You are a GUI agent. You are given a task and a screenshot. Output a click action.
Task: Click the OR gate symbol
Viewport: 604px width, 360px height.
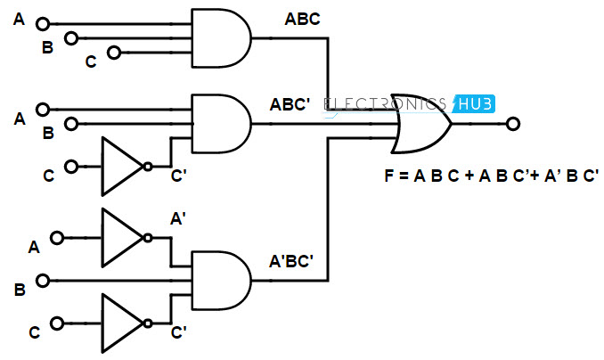421,123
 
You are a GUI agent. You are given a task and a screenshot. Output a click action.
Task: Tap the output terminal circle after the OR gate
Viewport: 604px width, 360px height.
513,124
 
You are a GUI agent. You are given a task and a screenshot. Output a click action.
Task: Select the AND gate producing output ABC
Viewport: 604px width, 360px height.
221,38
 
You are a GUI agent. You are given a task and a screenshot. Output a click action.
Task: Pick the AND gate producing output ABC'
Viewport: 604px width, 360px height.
221,123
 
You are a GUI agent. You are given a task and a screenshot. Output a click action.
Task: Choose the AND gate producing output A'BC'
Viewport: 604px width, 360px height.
221,280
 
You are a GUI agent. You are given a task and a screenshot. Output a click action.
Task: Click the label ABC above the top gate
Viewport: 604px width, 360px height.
302,20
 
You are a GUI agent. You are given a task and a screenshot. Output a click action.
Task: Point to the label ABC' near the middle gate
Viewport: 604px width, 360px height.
290,104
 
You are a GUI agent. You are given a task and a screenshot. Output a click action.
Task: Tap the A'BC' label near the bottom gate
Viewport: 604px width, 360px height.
291,261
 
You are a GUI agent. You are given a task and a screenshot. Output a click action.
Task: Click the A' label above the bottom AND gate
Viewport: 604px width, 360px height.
178,218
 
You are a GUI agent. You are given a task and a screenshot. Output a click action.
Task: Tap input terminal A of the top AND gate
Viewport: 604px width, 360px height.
43,24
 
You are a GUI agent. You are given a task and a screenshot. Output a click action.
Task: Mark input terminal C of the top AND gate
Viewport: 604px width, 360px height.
114,52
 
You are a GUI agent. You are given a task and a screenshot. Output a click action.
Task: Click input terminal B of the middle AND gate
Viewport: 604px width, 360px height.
71,124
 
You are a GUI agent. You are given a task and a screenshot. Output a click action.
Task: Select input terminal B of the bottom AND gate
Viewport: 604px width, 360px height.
43,281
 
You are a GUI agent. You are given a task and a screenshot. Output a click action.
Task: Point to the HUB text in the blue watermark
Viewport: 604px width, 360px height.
476,104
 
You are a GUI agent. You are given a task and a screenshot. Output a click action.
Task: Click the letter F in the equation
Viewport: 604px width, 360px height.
389,176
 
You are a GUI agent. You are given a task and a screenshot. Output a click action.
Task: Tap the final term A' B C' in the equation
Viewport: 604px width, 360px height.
572,176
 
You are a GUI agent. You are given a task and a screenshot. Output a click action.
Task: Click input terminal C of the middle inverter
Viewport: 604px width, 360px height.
71,167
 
